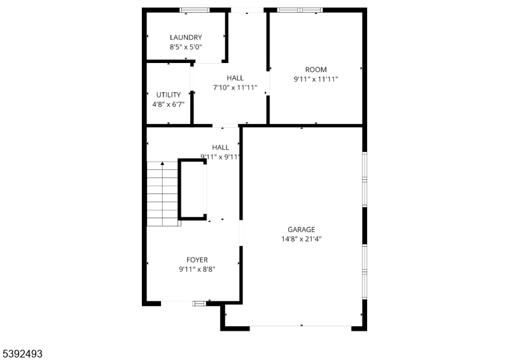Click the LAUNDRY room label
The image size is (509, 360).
coord(186,38)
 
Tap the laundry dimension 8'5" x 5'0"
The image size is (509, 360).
coord(186,47)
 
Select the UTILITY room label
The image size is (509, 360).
coord(169,95)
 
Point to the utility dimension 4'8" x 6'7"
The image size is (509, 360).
coord(169,104)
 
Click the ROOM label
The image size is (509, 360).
coord(316,70)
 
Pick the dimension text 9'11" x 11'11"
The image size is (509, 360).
coord(316,80)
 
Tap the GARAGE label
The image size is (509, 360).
coord(301,230)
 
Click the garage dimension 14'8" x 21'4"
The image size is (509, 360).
coord(301,239)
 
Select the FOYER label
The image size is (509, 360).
coord(197,260)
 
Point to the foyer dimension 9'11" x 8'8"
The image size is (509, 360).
coord(197,269)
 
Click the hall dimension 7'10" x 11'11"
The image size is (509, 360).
coord(235,88)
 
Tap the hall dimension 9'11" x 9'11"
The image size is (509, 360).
coord(221,156)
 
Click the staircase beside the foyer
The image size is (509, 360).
coord(164,194)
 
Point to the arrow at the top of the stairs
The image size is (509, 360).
coord(163,164)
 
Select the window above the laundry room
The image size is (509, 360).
coord(195,10)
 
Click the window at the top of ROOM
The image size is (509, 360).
coord(300,10)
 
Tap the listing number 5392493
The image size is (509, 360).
coord(22,352)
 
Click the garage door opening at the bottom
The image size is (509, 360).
coord(300,327)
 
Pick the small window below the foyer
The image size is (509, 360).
coord(199,303)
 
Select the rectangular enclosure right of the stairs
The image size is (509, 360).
coord(193,190)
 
